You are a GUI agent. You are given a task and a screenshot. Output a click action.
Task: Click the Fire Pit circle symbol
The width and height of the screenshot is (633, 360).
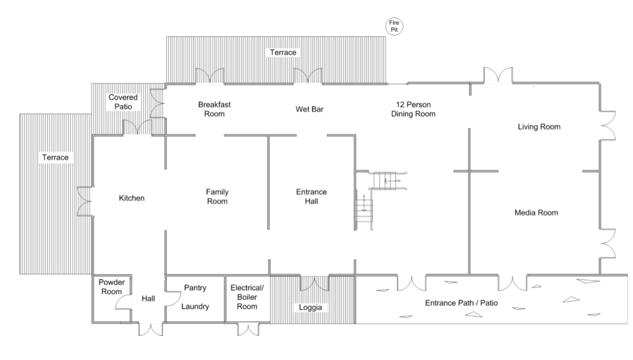point(395,26)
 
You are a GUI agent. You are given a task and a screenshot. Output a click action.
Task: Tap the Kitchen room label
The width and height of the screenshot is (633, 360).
point(131,198)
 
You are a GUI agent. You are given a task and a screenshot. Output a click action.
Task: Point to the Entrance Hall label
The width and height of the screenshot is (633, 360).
point(311,197)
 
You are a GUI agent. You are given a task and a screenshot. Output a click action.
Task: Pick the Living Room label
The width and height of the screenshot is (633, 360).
point(539,127)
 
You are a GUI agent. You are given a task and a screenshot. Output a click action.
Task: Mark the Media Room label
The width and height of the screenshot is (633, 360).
point(536,213)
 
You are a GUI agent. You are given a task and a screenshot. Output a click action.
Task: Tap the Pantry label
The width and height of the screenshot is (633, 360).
point(196,289)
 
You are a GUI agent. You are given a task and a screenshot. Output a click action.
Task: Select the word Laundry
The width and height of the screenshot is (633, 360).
point(195,307)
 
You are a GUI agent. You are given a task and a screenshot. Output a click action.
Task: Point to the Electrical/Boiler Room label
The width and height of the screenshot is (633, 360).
point(247,297)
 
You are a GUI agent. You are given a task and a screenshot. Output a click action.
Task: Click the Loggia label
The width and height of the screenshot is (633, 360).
point(311,307)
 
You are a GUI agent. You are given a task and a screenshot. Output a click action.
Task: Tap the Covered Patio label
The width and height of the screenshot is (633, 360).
point(123,102)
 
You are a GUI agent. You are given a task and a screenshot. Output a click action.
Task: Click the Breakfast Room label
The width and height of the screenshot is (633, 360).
point(215,109)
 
